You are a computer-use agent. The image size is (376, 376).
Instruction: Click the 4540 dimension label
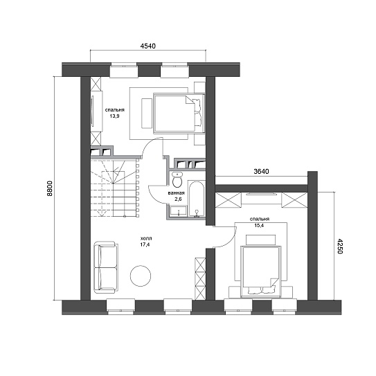point(147,46)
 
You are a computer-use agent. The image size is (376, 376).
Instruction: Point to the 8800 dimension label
point(49,188)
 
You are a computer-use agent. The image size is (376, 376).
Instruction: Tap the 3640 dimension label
point(261,172)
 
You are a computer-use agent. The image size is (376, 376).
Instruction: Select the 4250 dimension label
point(340,246)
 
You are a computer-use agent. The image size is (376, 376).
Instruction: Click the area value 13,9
point(115,116)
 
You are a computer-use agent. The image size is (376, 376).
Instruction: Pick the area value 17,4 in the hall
point(145,245)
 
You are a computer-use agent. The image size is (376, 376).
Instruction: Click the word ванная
point(177,193)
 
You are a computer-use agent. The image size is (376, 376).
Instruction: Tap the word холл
point(146,239)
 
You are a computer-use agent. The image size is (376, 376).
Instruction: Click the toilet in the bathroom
point(177,180)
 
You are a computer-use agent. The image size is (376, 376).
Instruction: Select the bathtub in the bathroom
point(197,199)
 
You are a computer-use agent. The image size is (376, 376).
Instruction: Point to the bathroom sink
point(179,211)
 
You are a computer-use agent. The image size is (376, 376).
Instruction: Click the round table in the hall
point(141,276)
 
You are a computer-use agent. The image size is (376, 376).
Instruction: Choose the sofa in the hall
point(106,267)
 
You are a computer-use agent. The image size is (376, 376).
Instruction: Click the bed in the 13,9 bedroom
point(179,113)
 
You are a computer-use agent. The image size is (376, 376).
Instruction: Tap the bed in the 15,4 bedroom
point(261,271)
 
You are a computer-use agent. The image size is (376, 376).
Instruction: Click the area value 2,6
point(179,199)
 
